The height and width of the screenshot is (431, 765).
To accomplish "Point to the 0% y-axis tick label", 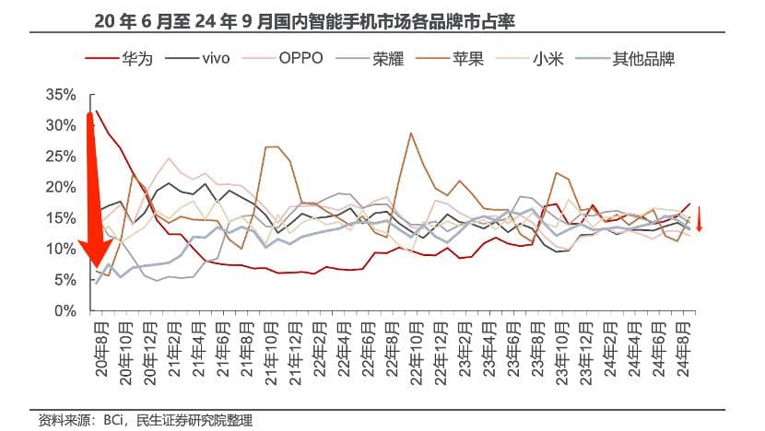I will tap(64, 311).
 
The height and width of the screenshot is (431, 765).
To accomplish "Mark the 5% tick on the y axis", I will tap(64, 280).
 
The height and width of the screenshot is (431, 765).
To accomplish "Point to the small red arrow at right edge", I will tap(700, 220).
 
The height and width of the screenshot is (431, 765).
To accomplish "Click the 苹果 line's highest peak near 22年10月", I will tap(410, 134).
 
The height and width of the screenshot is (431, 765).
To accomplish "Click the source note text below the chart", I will tap(145, 420).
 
